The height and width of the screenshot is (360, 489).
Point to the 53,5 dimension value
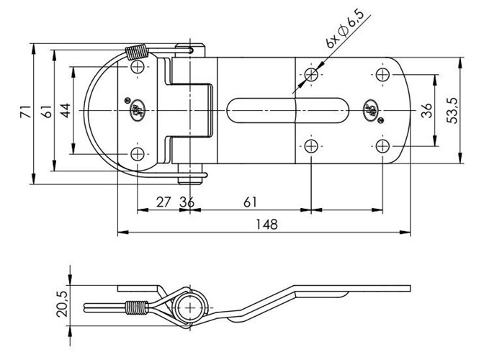click(x=453, y=110)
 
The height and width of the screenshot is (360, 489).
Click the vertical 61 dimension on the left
click(x=45, y=111)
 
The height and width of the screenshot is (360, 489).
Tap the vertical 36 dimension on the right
click(x=426, y=110)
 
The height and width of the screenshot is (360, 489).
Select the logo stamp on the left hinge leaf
click(x=135, y=110)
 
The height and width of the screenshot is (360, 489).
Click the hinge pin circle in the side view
click(x=190, y=306)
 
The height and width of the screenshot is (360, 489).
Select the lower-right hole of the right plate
click(x=382, y=147)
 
